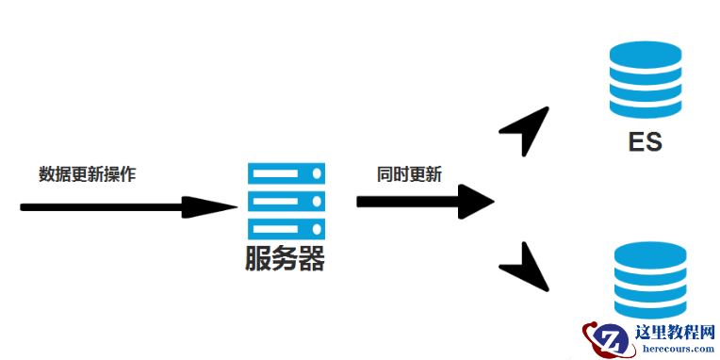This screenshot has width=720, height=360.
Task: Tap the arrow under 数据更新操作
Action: (127, 206)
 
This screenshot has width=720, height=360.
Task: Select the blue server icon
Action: (286, 201)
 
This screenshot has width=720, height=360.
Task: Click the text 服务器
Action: (285, 259)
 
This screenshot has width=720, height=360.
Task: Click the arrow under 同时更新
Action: (425, 201)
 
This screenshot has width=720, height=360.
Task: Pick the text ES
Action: (646, 143)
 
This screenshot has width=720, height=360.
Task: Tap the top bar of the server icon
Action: (286, 173)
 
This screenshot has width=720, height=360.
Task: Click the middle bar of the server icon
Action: (286, 201)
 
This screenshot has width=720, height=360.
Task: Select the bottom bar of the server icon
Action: (286, 228)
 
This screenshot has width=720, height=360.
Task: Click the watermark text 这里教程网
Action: (676, 333)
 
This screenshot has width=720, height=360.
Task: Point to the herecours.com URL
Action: (676, 349)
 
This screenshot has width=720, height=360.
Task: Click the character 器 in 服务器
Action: (312, 259)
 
